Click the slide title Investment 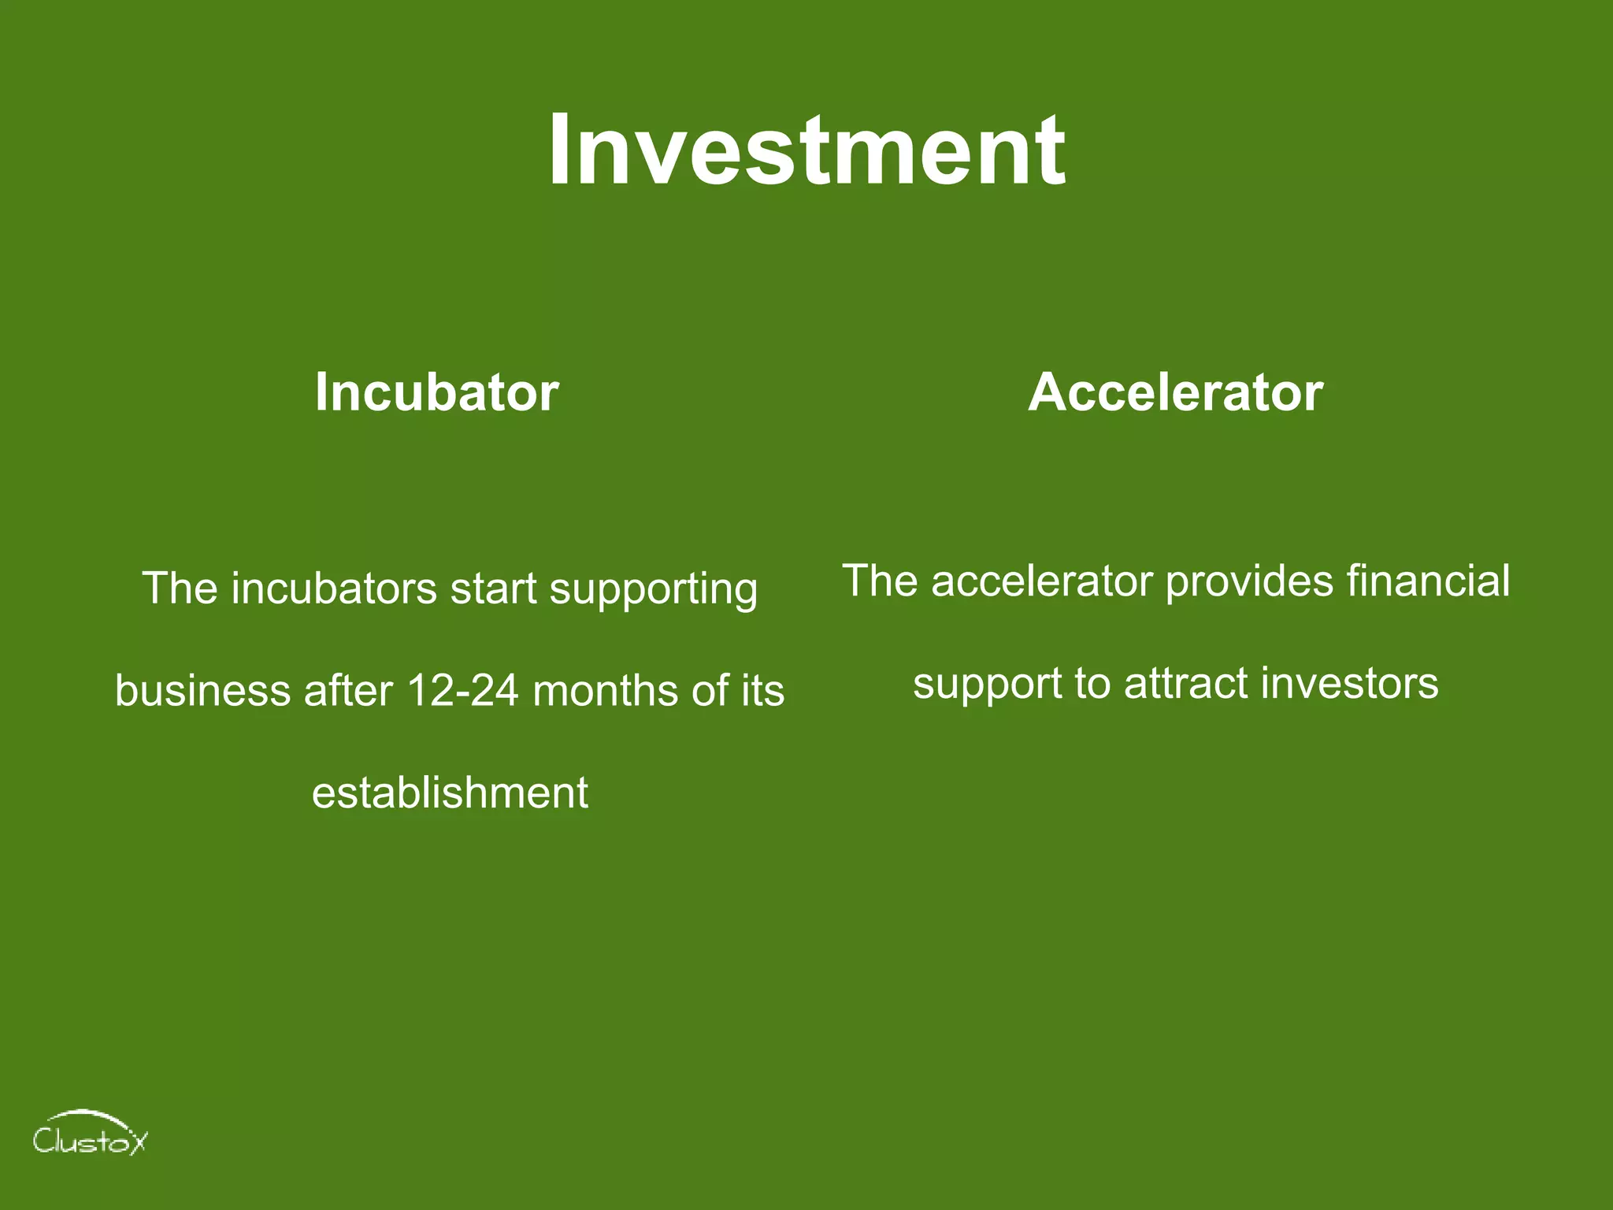[x=806, y=150]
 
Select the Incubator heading [x=436, y=392]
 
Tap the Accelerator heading [x=1175, y=392]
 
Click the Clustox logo [x=89, y=1134]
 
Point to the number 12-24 [x=462, y=691]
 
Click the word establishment [x=450, y=792]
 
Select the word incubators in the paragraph [x=334, y=588]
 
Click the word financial [x=1428, y=581]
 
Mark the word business [x=202, y=691]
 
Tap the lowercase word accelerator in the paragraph [x=1043, y=581]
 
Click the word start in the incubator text [x=493, y=588]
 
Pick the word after [x=348, y=691]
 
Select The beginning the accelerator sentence [x=881, y=581]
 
